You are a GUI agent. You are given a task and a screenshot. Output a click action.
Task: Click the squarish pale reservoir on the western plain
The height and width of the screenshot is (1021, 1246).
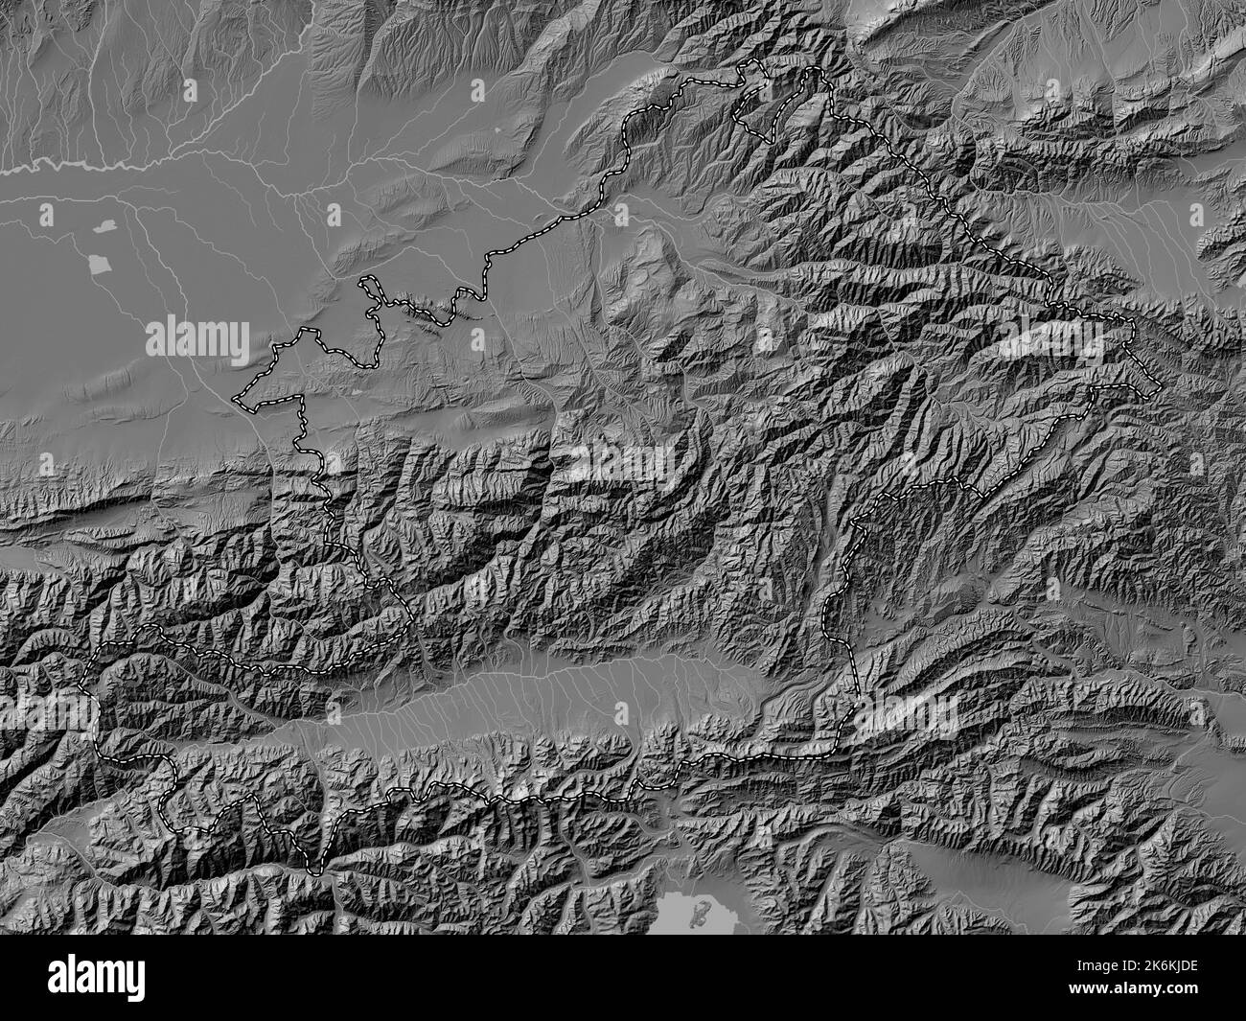[x=97, y=263]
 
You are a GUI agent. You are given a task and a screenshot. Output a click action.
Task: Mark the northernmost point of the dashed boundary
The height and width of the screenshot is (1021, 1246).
[x=751, y=62]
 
